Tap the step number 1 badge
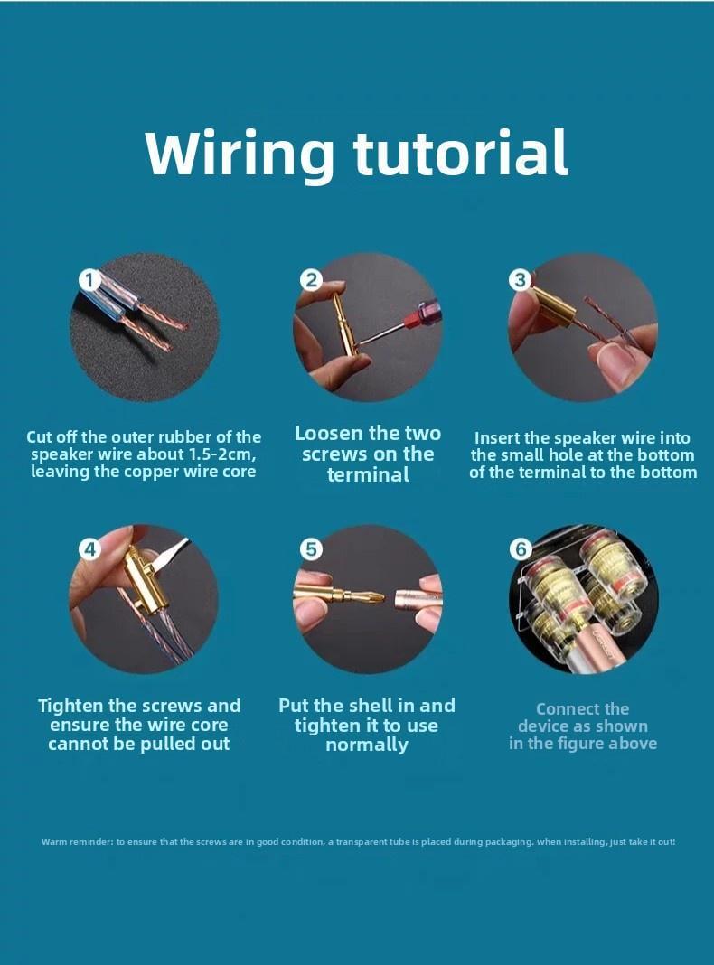click(89, 281)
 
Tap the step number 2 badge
click(312, 281)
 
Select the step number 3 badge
click(520, 281)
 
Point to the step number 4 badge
click(89, 548)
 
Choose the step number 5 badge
click(312, 548)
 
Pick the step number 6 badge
click(521, 548)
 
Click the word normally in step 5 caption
click(367, 745)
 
